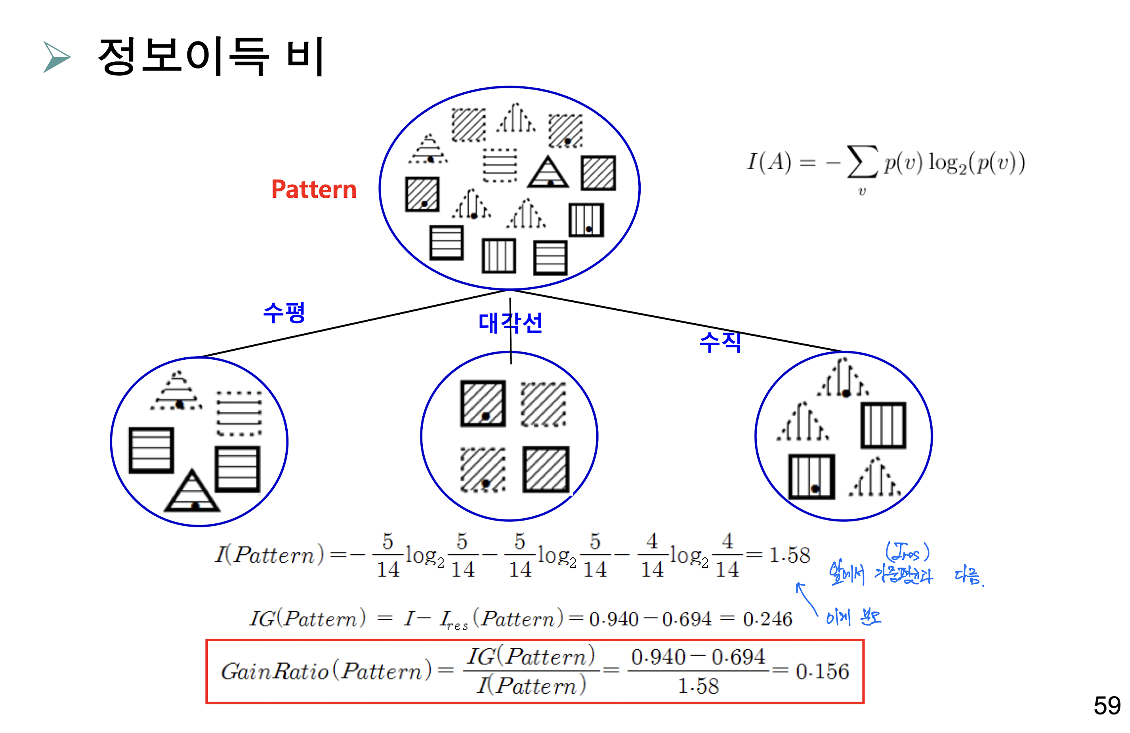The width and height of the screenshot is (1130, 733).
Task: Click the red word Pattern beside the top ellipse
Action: (x=314, y=189)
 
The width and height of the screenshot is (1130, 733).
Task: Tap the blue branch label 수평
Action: (x=284, y=313)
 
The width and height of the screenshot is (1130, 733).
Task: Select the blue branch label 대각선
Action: (x=510, y=323)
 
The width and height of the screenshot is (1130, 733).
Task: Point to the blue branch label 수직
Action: (x=720, y=342)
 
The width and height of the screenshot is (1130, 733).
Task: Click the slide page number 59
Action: (x=1106, y=706)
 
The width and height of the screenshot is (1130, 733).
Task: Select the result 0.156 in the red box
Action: (x=822, y=671)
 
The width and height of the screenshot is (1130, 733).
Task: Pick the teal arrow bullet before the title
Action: (x=56, y=57)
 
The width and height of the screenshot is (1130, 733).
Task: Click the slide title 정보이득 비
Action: (x=211, y=56)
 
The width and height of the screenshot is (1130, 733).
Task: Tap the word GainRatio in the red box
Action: (x=275, y=671)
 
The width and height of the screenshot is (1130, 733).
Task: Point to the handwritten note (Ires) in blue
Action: (x=907, y=552)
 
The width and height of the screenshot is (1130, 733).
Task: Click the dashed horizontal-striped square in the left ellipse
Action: (x=239, y=413)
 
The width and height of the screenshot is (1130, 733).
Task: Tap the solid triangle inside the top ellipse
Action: (x=548, y=173)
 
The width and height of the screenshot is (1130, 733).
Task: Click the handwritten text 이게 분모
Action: (x=853, y=617)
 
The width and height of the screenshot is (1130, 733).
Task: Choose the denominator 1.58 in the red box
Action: (x=698, y=686)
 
